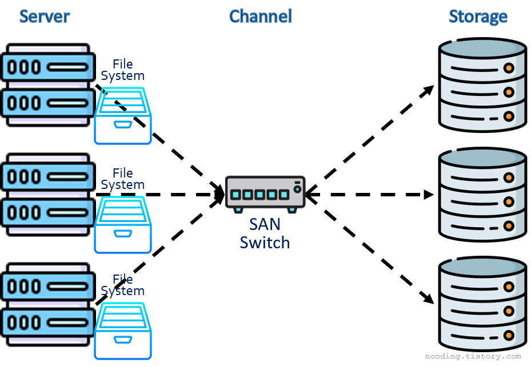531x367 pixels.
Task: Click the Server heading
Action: click(x=44, y=17)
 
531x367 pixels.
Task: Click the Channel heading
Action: click(x=261, y=17)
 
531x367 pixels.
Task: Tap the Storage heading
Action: click(x=478, y=17)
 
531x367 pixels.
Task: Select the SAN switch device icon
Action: click(x=265, y=193)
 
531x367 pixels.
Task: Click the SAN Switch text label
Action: click(x=265, y=233)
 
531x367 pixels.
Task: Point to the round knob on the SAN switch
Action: click(x=297, y=189)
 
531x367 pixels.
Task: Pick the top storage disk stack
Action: click(x=482, y=84)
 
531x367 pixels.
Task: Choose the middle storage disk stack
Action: click(x=482, y=194)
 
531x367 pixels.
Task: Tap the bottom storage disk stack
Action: click(x=482, y=304)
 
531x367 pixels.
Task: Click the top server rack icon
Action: click(x=47, y=85)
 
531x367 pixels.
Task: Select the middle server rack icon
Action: click(x=47, y=194)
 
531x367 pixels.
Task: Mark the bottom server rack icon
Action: click(x=47, y=304)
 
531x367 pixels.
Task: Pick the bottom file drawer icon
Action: click(x=123, y=331)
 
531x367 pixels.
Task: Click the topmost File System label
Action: click(x=122, y=70)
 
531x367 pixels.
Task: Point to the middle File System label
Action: click(x=122, y=179)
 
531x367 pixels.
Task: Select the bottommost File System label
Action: click(x=122, y=285)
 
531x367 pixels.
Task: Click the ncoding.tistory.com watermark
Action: click(x=473, y=356)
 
